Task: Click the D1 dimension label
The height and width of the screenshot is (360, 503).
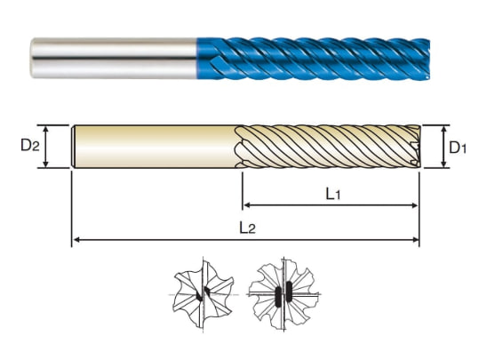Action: click(458, 148)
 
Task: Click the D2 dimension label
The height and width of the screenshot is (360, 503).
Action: click(30, 146)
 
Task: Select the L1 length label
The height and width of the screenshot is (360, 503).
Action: click(333, 194)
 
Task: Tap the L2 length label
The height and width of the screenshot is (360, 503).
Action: click(247, 228)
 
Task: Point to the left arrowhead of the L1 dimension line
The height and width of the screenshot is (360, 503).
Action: click(247, 205)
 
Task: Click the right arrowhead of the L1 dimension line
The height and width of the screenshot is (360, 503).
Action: click(414, 205)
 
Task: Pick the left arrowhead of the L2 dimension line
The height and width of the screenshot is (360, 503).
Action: click(76, 240)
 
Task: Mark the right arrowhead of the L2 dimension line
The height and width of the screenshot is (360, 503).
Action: click(415, 240)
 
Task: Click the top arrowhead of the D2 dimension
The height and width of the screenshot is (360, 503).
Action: click(45, 129)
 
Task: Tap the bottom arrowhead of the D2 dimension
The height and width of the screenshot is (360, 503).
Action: click(45, 164)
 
